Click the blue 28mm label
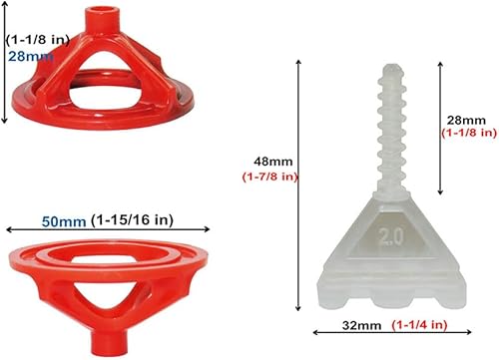point(31,56)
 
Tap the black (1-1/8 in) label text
point(38,40)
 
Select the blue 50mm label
point(64,221)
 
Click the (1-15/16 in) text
point(132,219)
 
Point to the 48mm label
point(273,162)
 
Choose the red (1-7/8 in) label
point(269,177)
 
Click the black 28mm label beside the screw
point(466,120)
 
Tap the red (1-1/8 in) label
point(469,133)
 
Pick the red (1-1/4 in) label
point(419,325)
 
